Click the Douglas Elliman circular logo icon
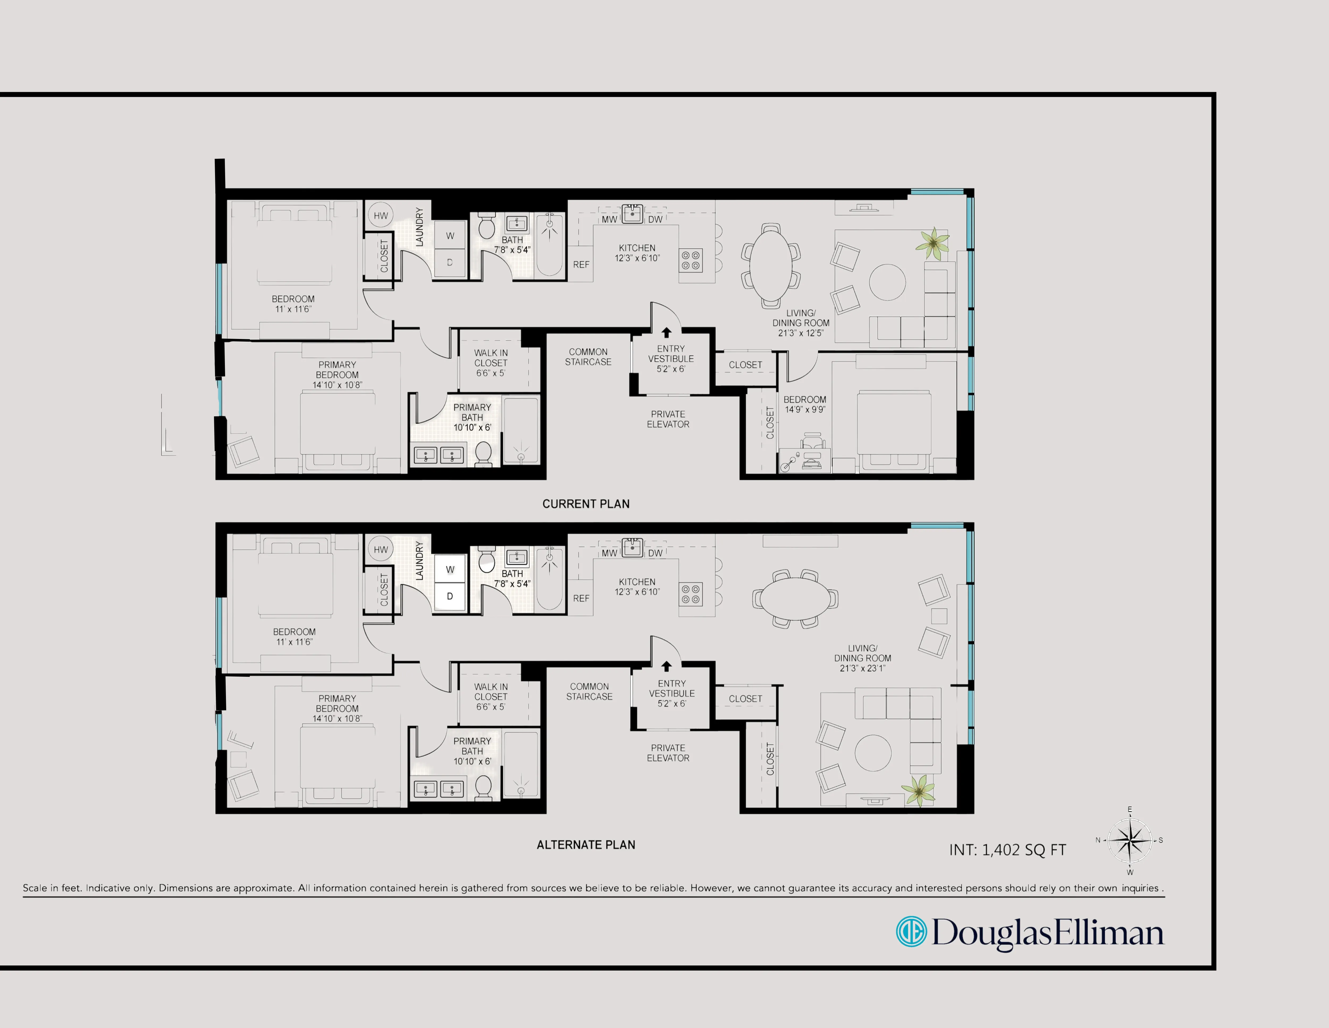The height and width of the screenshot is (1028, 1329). [x=911, y=932]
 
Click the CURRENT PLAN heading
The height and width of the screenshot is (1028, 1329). [x=585, y=504]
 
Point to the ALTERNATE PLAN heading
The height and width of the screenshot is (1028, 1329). [x=585, y=845]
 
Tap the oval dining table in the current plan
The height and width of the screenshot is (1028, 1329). [x=771, y=265]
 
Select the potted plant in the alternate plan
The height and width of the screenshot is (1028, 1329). [x=918, y=790]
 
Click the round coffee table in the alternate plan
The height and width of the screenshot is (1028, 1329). [x=873, y=753]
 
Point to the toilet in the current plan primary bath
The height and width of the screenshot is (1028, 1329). [x=483, y=454]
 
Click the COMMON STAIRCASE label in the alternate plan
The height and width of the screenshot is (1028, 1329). [x=589, y=691]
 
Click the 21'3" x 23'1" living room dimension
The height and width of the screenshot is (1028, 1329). [x=862, y=668]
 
